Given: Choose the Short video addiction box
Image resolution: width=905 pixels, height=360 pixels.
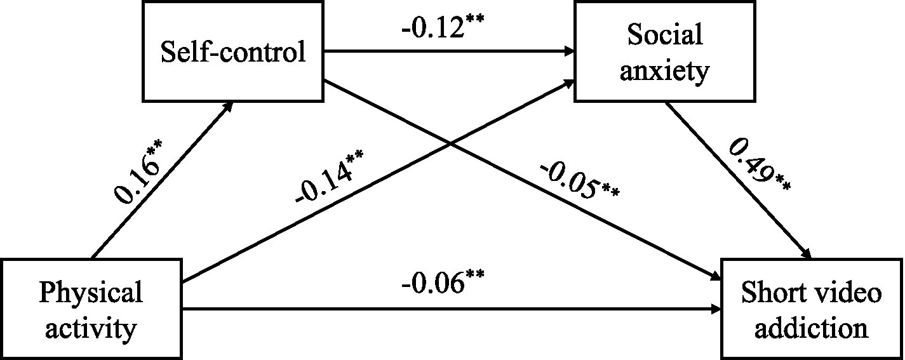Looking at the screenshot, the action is [x=812, y=310].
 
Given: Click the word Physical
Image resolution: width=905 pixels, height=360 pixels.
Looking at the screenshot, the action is [x=91, y=293].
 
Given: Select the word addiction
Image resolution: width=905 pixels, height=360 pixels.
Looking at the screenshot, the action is [x=812, y=328].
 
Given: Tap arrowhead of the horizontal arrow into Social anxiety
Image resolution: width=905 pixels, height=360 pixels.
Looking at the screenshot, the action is [x=568, y=52].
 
